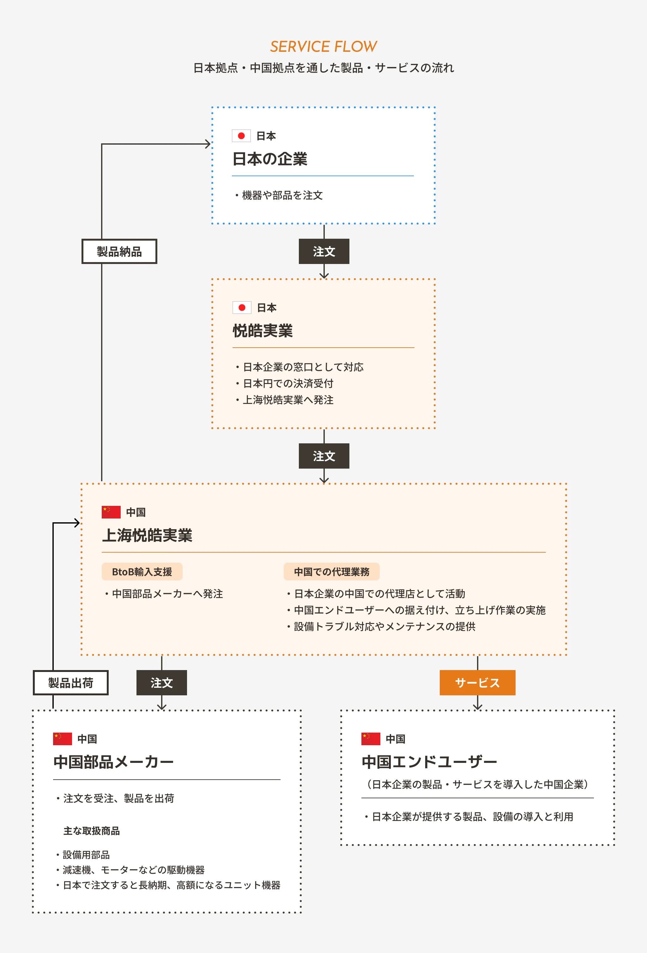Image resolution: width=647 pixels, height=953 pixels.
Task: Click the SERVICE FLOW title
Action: (x=323, y=47)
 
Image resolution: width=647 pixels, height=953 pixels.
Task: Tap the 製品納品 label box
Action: (x=119, y=251)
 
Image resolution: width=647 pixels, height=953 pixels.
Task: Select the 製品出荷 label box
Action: (x=70, y=683)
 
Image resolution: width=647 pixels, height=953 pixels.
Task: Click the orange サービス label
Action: (x=477, y=683)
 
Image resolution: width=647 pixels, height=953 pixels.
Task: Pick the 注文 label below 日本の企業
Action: (x=324, y=251)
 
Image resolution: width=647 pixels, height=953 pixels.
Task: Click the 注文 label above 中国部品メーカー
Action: (x=162, y=683)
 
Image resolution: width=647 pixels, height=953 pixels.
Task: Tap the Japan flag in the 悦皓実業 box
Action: (x=242, y=308)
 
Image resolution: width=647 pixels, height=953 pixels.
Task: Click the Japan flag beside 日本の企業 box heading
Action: (x=241, y=136)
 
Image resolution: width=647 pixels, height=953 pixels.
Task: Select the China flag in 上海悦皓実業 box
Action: (x=111, y=512)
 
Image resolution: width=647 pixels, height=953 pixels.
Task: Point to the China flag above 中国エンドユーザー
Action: (x=371, y=739)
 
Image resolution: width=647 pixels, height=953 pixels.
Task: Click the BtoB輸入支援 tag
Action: (x=142, y=572)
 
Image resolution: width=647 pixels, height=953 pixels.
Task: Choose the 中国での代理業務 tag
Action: (x=331, y=572)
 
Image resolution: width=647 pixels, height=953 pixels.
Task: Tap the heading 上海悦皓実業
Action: (x=147, y=535)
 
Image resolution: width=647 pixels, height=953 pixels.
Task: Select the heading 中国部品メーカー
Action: (x=113, y=762)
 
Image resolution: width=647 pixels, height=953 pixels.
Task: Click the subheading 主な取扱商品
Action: (x=92, y=831)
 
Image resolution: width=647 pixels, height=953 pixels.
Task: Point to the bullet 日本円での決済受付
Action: (x=288, y=383)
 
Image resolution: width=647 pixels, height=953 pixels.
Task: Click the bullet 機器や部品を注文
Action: (x=282, y=195)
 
